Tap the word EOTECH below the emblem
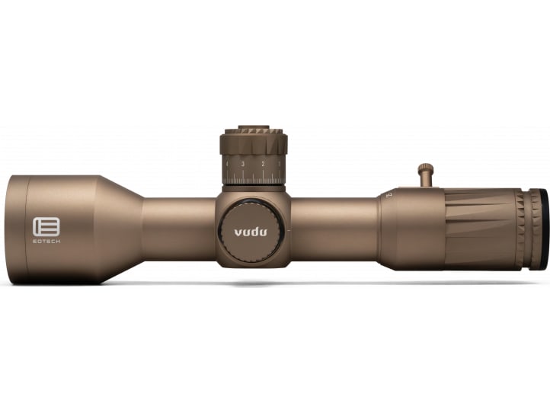coord(46,240)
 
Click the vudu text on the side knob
coord(251,232)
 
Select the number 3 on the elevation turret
coord(243,164)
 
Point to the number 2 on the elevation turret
coord(263,164)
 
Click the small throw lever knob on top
coord(425,169)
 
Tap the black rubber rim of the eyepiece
coord(539,229)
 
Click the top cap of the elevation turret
coord(254,130)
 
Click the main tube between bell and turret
coord(179,229)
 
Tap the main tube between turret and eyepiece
coord(335,229)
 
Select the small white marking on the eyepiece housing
coord(389,195)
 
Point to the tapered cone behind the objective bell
coord(122,229)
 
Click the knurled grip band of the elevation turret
coord(254,143)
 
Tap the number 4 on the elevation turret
coord(227,164)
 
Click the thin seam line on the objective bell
coord(28,229)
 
